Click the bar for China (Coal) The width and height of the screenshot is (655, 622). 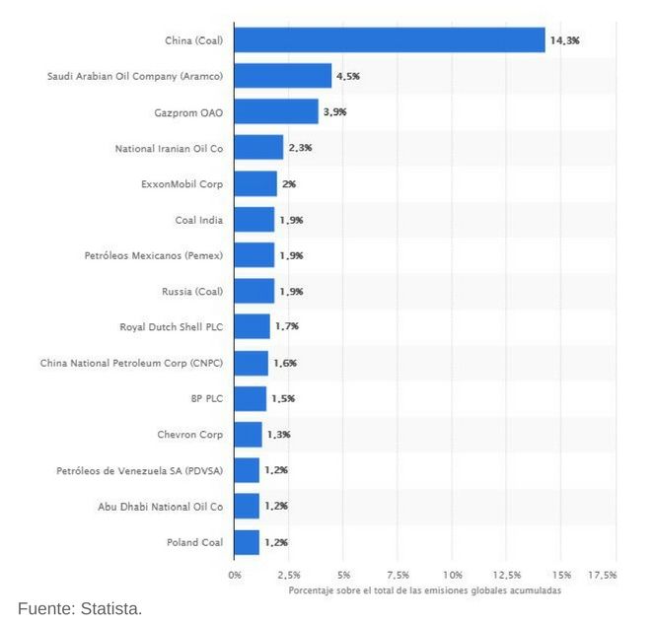click(390, 40)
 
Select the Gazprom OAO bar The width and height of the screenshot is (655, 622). click(276, 112)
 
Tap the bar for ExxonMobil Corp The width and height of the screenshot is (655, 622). click(255, 184)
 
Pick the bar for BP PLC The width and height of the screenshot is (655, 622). click(251, 399)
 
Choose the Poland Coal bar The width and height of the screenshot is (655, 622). click(247, 542)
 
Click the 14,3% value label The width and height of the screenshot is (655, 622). click(565, 40)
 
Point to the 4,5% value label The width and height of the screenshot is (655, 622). click(348, 76)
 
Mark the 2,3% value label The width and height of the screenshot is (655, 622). click(300, 148)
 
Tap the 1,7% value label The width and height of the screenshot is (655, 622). click(286, 327)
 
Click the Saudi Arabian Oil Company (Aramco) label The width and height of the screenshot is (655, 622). click(135, 76)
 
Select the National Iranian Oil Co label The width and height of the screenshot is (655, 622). click(169, 148)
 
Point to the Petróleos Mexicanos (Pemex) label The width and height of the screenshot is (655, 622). click(153, 255)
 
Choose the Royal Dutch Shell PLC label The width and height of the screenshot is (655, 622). click(171, 327)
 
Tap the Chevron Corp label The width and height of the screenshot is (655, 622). click(189, 435)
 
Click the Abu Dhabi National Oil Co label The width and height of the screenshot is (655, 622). click(160, 507)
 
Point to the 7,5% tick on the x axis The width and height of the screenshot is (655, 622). click(398, 574)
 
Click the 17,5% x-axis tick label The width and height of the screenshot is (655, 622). click(602, 574)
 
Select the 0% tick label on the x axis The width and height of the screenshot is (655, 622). click(235, 574)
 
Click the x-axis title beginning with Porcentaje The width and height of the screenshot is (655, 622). click(425, 589)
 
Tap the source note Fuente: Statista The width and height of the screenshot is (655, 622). click(80, 608)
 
